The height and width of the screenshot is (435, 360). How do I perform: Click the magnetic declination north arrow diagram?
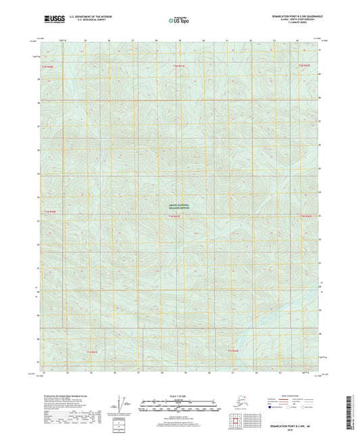click(123, 404)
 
